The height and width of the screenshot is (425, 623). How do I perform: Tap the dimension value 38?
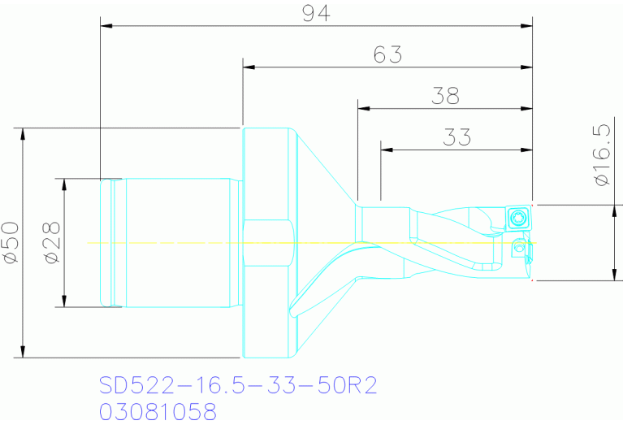[444, 96]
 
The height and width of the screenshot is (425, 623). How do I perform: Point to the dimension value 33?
[456, 137]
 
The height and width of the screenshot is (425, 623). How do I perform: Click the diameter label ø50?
[11, 242]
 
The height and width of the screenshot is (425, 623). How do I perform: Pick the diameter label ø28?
[52, 243]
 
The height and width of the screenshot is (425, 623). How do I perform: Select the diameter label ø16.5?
[601, 155]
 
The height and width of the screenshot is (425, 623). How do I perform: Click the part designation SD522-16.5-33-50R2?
[238, 384]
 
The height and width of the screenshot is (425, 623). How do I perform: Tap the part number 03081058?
[158, 411]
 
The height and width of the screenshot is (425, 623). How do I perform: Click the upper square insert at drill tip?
[517, 217]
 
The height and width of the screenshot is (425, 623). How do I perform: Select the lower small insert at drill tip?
[517, 249]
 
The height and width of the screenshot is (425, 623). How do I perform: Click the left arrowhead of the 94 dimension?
[106, 25]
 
